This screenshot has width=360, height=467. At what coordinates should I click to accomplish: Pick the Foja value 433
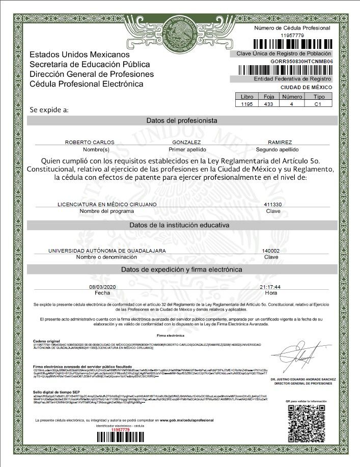click(269, 104)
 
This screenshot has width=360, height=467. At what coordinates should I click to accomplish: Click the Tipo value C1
click(318, 104)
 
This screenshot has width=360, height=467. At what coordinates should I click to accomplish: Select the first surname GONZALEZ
click(187, 143)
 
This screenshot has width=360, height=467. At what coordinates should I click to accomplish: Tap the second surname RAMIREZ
click(280, 143)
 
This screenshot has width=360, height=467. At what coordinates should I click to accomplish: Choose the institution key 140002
click(270, 251)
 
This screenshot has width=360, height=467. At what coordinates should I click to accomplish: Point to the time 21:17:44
click(271, 287)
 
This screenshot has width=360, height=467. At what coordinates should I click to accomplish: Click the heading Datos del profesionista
click(182, 121)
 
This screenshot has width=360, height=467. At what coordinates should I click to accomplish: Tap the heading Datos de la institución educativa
click(182, 225)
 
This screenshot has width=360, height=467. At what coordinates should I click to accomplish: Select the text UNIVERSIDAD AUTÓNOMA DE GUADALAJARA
click(107, 251)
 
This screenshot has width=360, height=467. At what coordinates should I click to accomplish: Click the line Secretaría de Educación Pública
click(90, 64)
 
